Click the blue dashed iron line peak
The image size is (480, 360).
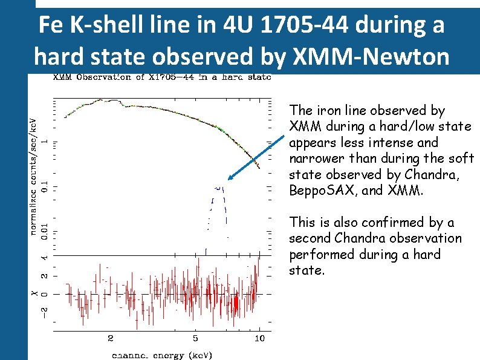(219, 189)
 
